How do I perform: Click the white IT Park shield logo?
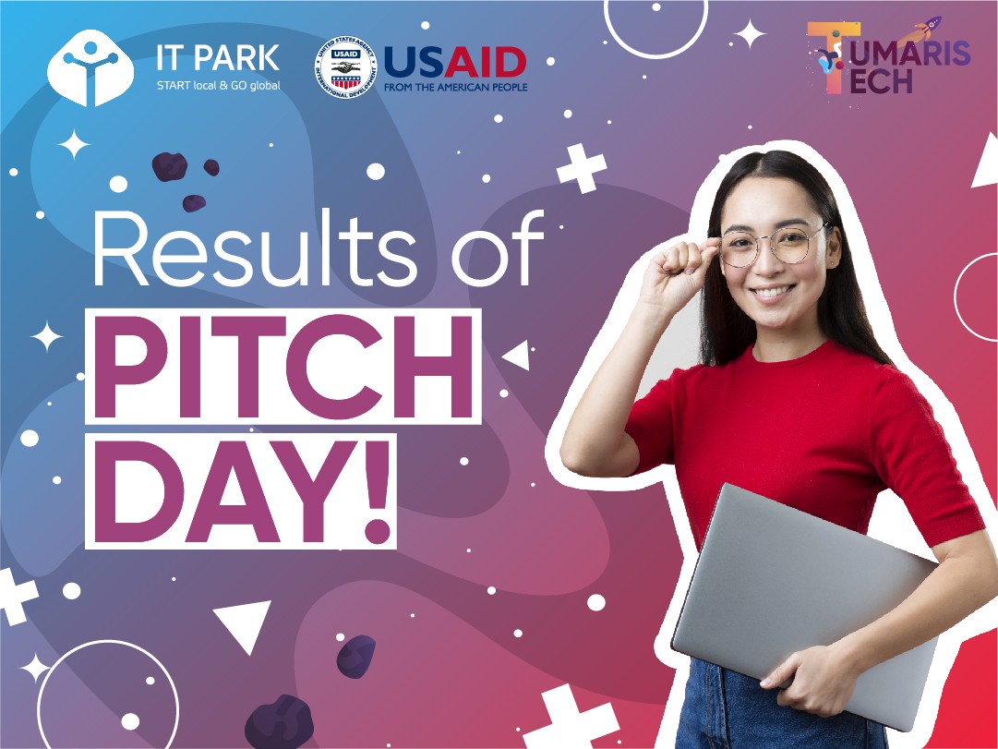click(90, 67)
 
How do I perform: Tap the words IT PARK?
click(218, 58)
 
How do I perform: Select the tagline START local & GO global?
click(218, 85)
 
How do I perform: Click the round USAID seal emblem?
click(345, 66)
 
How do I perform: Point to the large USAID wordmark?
click(455, 63)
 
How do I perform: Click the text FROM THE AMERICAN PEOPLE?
click(456, 87)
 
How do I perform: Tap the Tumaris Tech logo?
click(888, 56)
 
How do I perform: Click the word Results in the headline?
click(255, 248)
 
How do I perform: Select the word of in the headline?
click(498, 248)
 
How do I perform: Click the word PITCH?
click(283, 367)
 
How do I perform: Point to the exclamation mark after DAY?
click(377, 491)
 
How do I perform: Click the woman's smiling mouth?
click(773, 293)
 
